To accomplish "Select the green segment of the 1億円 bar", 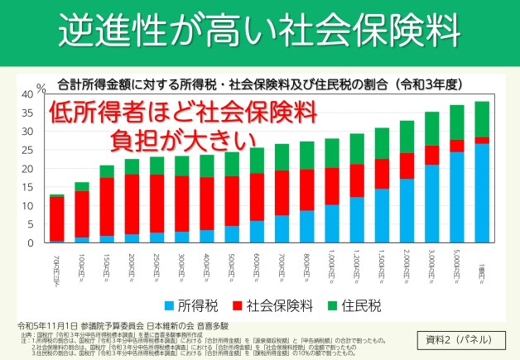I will click(482, 119).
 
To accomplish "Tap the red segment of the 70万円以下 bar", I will click(56, 218).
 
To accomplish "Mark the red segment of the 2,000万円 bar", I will click(407, 166).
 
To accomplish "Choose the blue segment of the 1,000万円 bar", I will click(331, 223).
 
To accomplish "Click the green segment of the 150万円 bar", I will click(107, 171).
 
